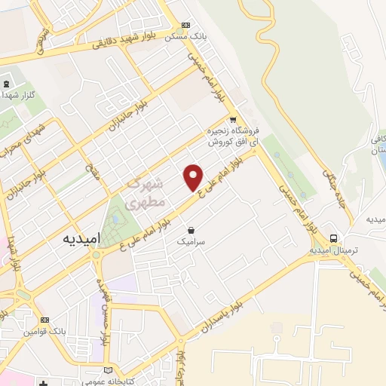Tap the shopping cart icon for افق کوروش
pos(233,119)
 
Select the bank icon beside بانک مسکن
pos(185,24)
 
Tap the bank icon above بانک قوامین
pos(44,319)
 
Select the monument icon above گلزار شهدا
pos(6,84)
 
